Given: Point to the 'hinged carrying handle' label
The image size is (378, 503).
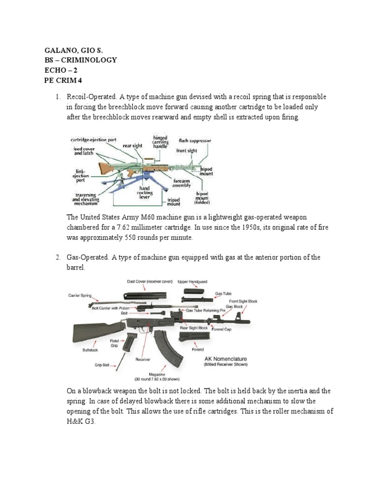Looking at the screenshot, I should pyautogui.click(x=160, y=142).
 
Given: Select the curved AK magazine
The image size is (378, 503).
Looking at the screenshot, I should pyautogui.click(x=162, y=349).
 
